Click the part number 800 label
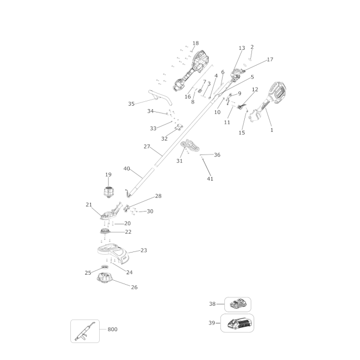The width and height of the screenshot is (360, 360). click(112, 329)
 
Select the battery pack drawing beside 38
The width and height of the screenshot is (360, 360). click(238, 305)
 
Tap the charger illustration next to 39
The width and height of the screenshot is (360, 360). click(238, 323)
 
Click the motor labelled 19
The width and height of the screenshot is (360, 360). click(108, 192)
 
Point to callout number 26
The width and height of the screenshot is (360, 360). click(135, 287)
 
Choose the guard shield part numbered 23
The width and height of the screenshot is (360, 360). click(112, 253)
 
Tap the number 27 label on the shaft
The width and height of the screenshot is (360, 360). click(147, 146)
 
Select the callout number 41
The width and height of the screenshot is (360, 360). click(210, 179)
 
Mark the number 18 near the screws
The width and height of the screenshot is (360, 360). click(196, 43)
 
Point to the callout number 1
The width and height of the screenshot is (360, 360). click(272, 130)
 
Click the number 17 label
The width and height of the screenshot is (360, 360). click(270, 59)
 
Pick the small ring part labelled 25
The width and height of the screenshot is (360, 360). click(105, 267)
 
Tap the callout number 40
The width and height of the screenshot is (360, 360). click(127, 168)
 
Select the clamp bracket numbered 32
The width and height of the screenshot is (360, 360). click(179, 127)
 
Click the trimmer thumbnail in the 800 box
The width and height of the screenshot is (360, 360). click(85, 331)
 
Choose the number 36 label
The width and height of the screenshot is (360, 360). click(217, 155)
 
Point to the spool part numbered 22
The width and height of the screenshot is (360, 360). click(105, 232)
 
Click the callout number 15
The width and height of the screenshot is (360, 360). click(242, 133)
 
